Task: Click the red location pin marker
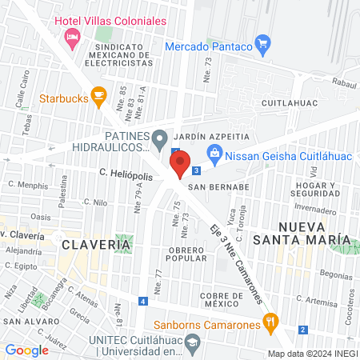coord(180,164)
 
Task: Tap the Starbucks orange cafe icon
coord(98,98)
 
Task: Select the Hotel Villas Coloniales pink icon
coord(73,37)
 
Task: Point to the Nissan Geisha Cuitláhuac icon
coord(214,153)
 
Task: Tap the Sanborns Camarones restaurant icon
coord(272,325)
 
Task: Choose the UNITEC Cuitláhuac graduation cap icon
coord(192,343)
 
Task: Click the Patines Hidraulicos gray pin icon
coord(160,138)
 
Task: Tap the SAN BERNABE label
coord(219,187)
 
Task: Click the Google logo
coord(26,350)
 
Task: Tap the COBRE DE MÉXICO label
coord(216,300)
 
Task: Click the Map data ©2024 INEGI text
coord(311,354)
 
